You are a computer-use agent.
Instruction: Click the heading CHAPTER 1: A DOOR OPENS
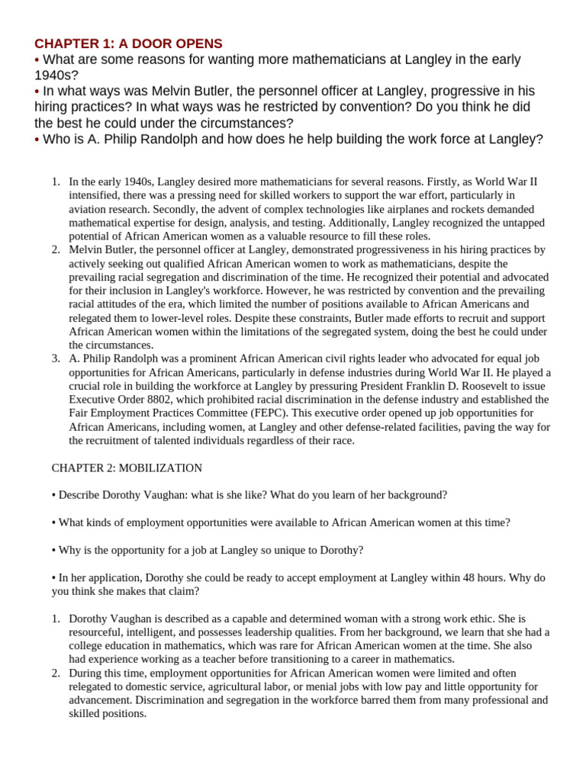point(128,43)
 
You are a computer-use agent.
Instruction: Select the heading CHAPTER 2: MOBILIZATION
point(127,468)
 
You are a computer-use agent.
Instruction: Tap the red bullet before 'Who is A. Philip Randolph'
point(37,140)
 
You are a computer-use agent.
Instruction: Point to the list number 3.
point(56,358)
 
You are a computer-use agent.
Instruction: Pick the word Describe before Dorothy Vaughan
point(80,495)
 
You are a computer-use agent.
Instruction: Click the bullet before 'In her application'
point(54,577)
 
